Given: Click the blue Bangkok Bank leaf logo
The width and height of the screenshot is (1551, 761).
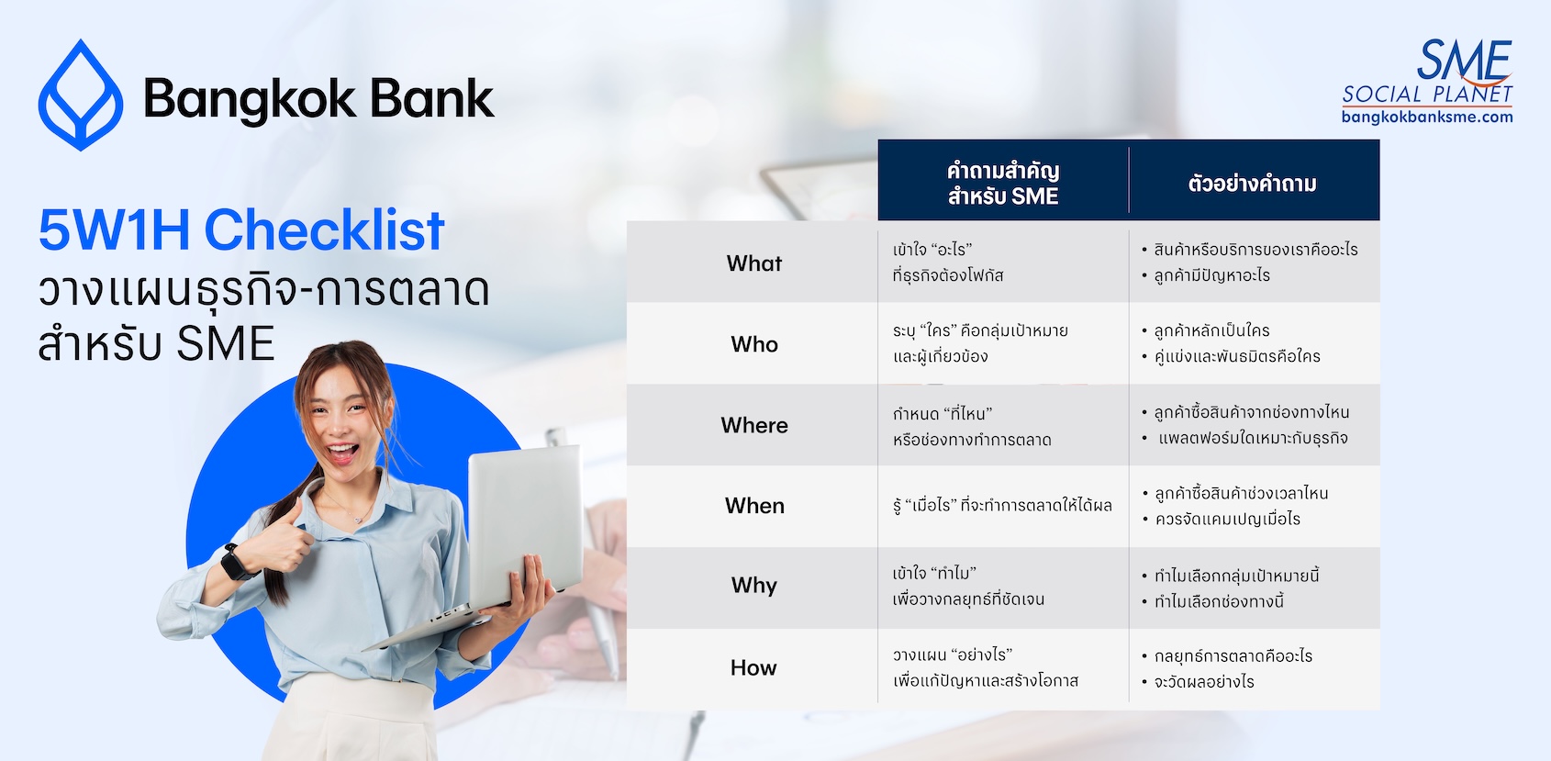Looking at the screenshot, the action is tap(81, 95).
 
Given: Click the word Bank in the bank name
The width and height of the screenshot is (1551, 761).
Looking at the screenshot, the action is tap(432, 99).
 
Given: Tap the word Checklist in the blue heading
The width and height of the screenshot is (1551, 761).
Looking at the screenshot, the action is tap(324, 229).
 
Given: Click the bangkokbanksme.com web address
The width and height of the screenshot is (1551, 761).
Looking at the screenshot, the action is tap(1427, 117).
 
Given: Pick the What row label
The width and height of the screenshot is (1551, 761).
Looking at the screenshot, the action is tap(754, 263).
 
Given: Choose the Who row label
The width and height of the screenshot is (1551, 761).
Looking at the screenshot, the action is tap(754, 344).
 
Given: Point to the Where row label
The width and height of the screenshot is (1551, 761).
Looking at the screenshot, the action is tap(754, 425).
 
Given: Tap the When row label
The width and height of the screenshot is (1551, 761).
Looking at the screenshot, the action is tap(754, 506).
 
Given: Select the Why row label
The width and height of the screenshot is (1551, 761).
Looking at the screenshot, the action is tap(754, 586).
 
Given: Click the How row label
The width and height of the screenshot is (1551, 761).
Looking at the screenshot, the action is tap(753, 667).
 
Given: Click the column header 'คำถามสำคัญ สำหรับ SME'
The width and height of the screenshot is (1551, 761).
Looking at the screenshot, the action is tap(1003, 184).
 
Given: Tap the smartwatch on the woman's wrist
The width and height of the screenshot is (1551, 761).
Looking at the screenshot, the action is tap(237, 562).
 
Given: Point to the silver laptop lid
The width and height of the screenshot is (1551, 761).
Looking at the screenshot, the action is tap(526, 526).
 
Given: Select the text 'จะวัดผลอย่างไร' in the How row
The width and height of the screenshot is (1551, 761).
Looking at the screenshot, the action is tap(1204, 682).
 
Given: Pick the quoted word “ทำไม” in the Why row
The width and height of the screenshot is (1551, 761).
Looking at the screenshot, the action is tap(954, 574).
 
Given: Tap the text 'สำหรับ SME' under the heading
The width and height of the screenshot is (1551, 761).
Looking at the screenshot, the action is tap(157, 343).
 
